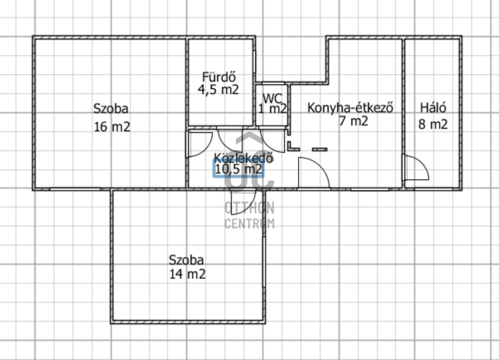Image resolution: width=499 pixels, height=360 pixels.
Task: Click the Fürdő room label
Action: (x=219, y=77)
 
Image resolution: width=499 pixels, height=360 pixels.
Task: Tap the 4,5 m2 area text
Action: (x=218, y=90)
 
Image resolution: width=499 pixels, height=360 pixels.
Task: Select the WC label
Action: (x=273, y=98)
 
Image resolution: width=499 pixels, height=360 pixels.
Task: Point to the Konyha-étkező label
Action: (x=351, y=108)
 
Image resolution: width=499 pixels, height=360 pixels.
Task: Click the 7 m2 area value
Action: (x=354, y=121)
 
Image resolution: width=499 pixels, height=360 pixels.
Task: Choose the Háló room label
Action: (x=433, y=107)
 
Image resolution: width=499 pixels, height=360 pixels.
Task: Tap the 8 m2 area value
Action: (x=433, y=124)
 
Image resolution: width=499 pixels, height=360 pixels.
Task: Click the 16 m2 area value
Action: (x=112, y=127)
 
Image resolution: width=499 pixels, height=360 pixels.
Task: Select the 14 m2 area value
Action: (x=187, y=274)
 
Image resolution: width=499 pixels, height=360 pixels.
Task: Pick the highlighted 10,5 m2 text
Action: (x=239, y=168)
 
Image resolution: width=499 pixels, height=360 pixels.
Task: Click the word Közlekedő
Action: (x=243, y=158)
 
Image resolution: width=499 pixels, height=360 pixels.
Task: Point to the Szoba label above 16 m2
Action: (x=111, y=109)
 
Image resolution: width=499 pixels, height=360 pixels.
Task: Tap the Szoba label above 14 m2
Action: (x=186, y=260)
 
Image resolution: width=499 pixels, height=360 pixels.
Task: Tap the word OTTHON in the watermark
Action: (x=249, y=208)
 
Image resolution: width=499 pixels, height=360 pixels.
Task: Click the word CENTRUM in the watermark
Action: (x=249, y=223)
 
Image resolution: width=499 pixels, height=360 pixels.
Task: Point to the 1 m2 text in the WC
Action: (x=273, y=109)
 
